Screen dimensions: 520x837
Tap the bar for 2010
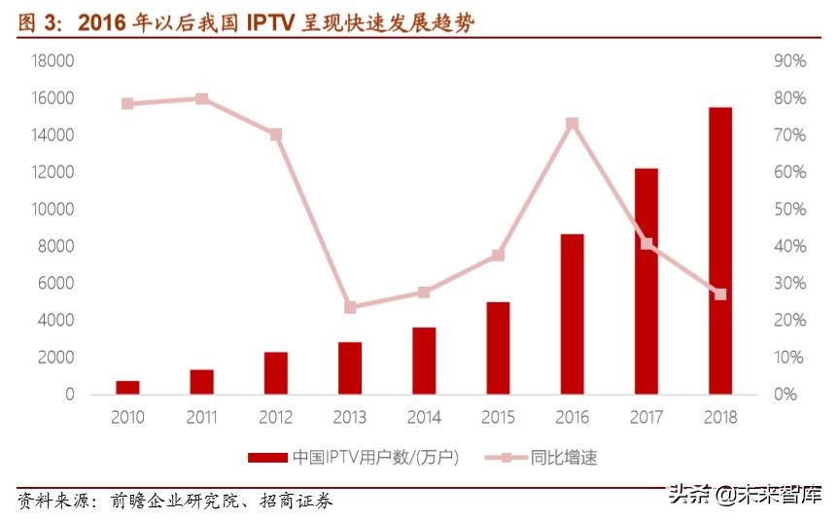(x=128, y=388)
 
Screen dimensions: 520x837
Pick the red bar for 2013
(x=350, y=368)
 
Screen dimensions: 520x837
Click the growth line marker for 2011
(x=201, y=99)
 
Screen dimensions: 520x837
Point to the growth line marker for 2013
(x=350, y=307)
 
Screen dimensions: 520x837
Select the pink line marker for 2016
(x=572, y=123)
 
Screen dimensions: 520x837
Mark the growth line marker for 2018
(x=719, y=295)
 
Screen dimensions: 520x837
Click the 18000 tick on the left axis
(x=53, y=61)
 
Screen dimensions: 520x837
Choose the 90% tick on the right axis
(x=789, y=61)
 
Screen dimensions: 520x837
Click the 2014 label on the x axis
(x=424, y=418)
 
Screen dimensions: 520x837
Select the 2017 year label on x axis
(x=645, y=418)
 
